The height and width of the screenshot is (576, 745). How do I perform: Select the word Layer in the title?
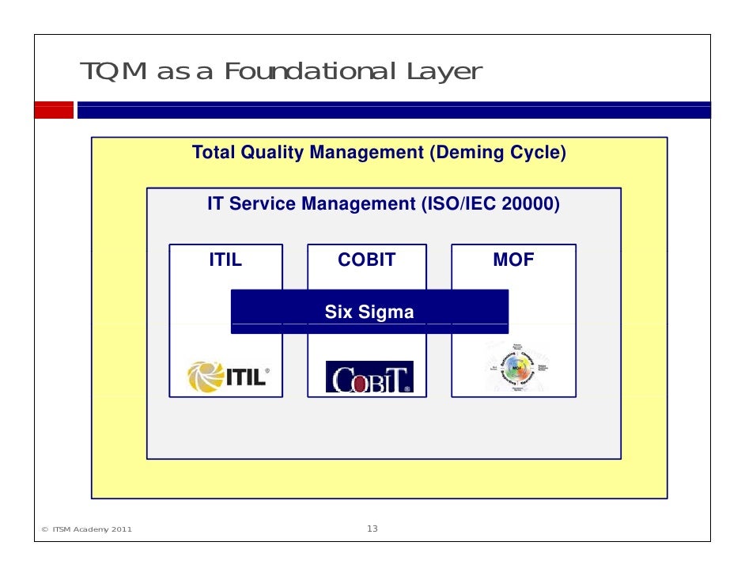tap(444, 72)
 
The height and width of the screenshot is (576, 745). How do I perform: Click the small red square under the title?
tap(53, 110)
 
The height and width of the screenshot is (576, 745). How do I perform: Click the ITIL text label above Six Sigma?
tap(225, 260)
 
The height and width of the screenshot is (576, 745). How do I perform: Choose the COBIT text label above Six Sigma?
tap(366, 260)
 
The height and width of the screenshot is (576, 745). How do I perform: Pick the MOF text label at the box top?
tap(513, 260)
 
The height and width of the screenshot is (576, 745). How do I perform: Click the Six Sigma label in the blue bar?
tap(369, 313)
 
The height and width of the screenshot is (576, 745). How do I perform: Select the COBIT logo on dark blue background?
tap(369, 377)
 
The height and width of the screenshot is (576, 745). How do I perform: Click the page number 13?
tap(372, 529)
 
